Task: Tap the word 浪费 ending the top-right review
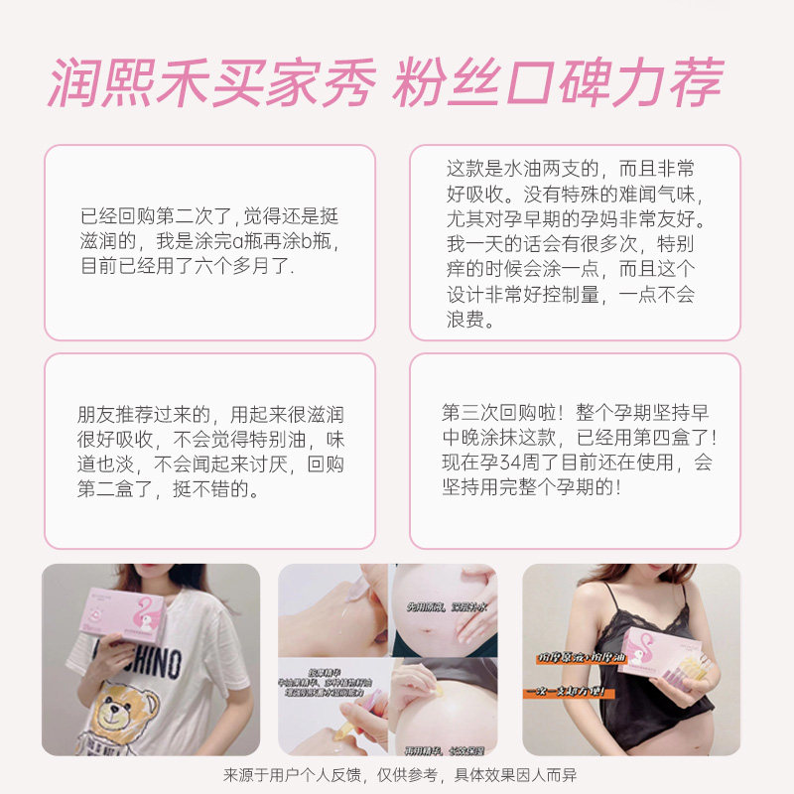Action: coord(470,320)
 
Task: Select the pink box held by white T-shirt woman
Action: coord(124,615)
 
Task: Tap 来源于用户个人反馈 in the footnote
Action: coord(299,775)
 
